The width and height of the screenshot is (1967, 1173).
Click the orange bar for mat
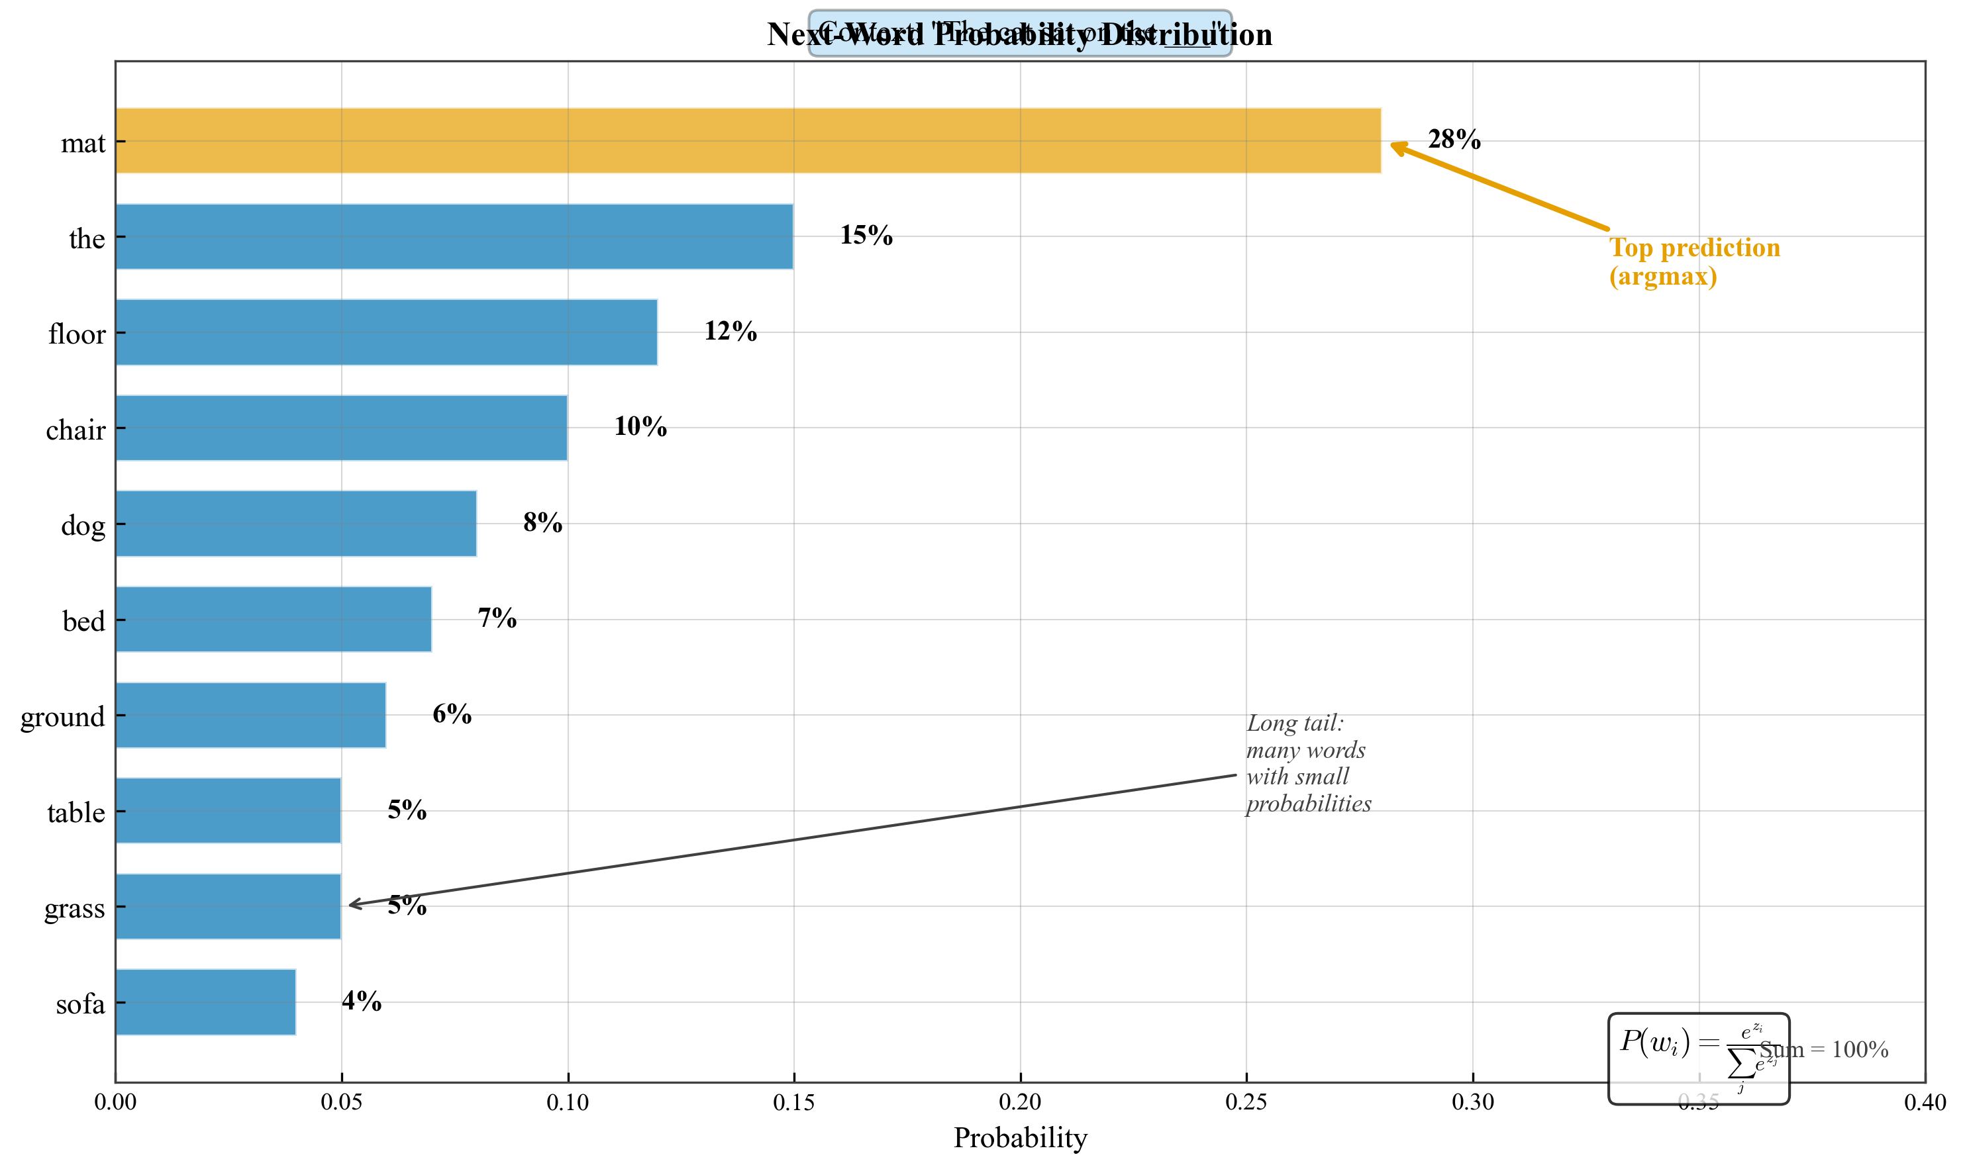click(747, 141)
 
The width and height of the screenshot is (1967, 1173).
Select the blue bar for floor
click(386, 332)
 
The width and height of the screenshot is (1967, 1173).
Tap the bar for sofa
click(205, 1002)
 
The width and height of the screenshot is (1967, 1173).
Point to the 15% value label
click(866, 235)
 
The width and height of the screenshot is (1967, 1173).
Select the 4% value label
click(362, 1001)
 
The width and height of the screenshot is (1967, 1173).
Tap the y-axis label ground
click(62, 717)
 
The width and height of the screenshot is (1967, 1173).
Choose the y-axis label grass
click(74, 908)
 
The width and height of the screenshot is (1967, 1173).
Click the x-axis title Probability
click(1020, 1137)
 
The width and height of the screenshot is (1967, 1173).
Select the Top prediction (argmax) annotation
click(1693, 261)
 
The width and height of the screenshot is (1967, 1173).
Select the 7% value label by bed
click(497, 618)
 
